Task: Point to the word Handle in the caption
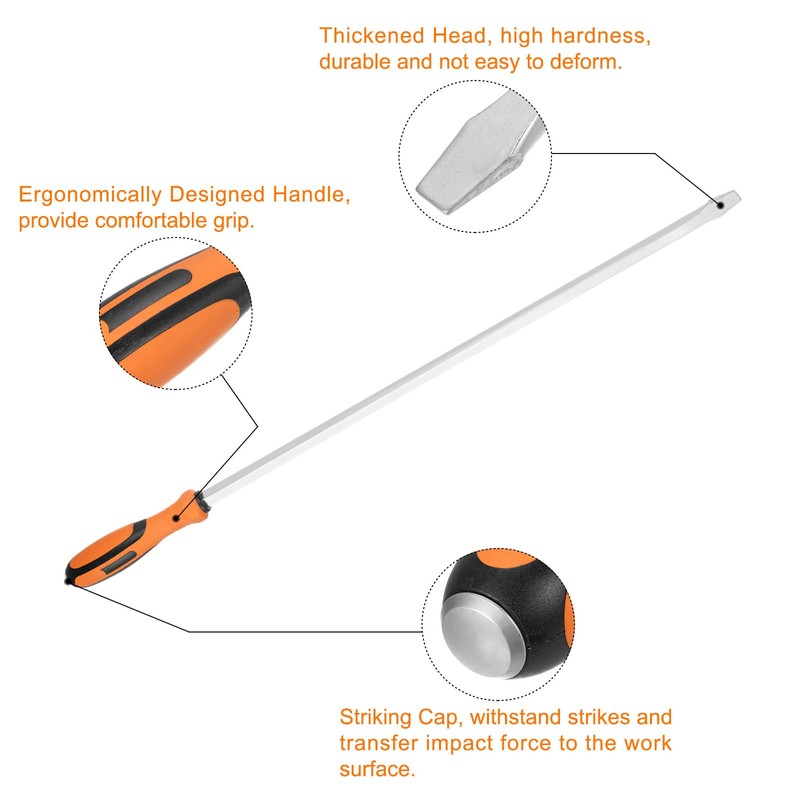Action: click(x=312, y=195)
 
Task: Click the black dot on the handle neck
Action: click(x=178, y=519)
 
